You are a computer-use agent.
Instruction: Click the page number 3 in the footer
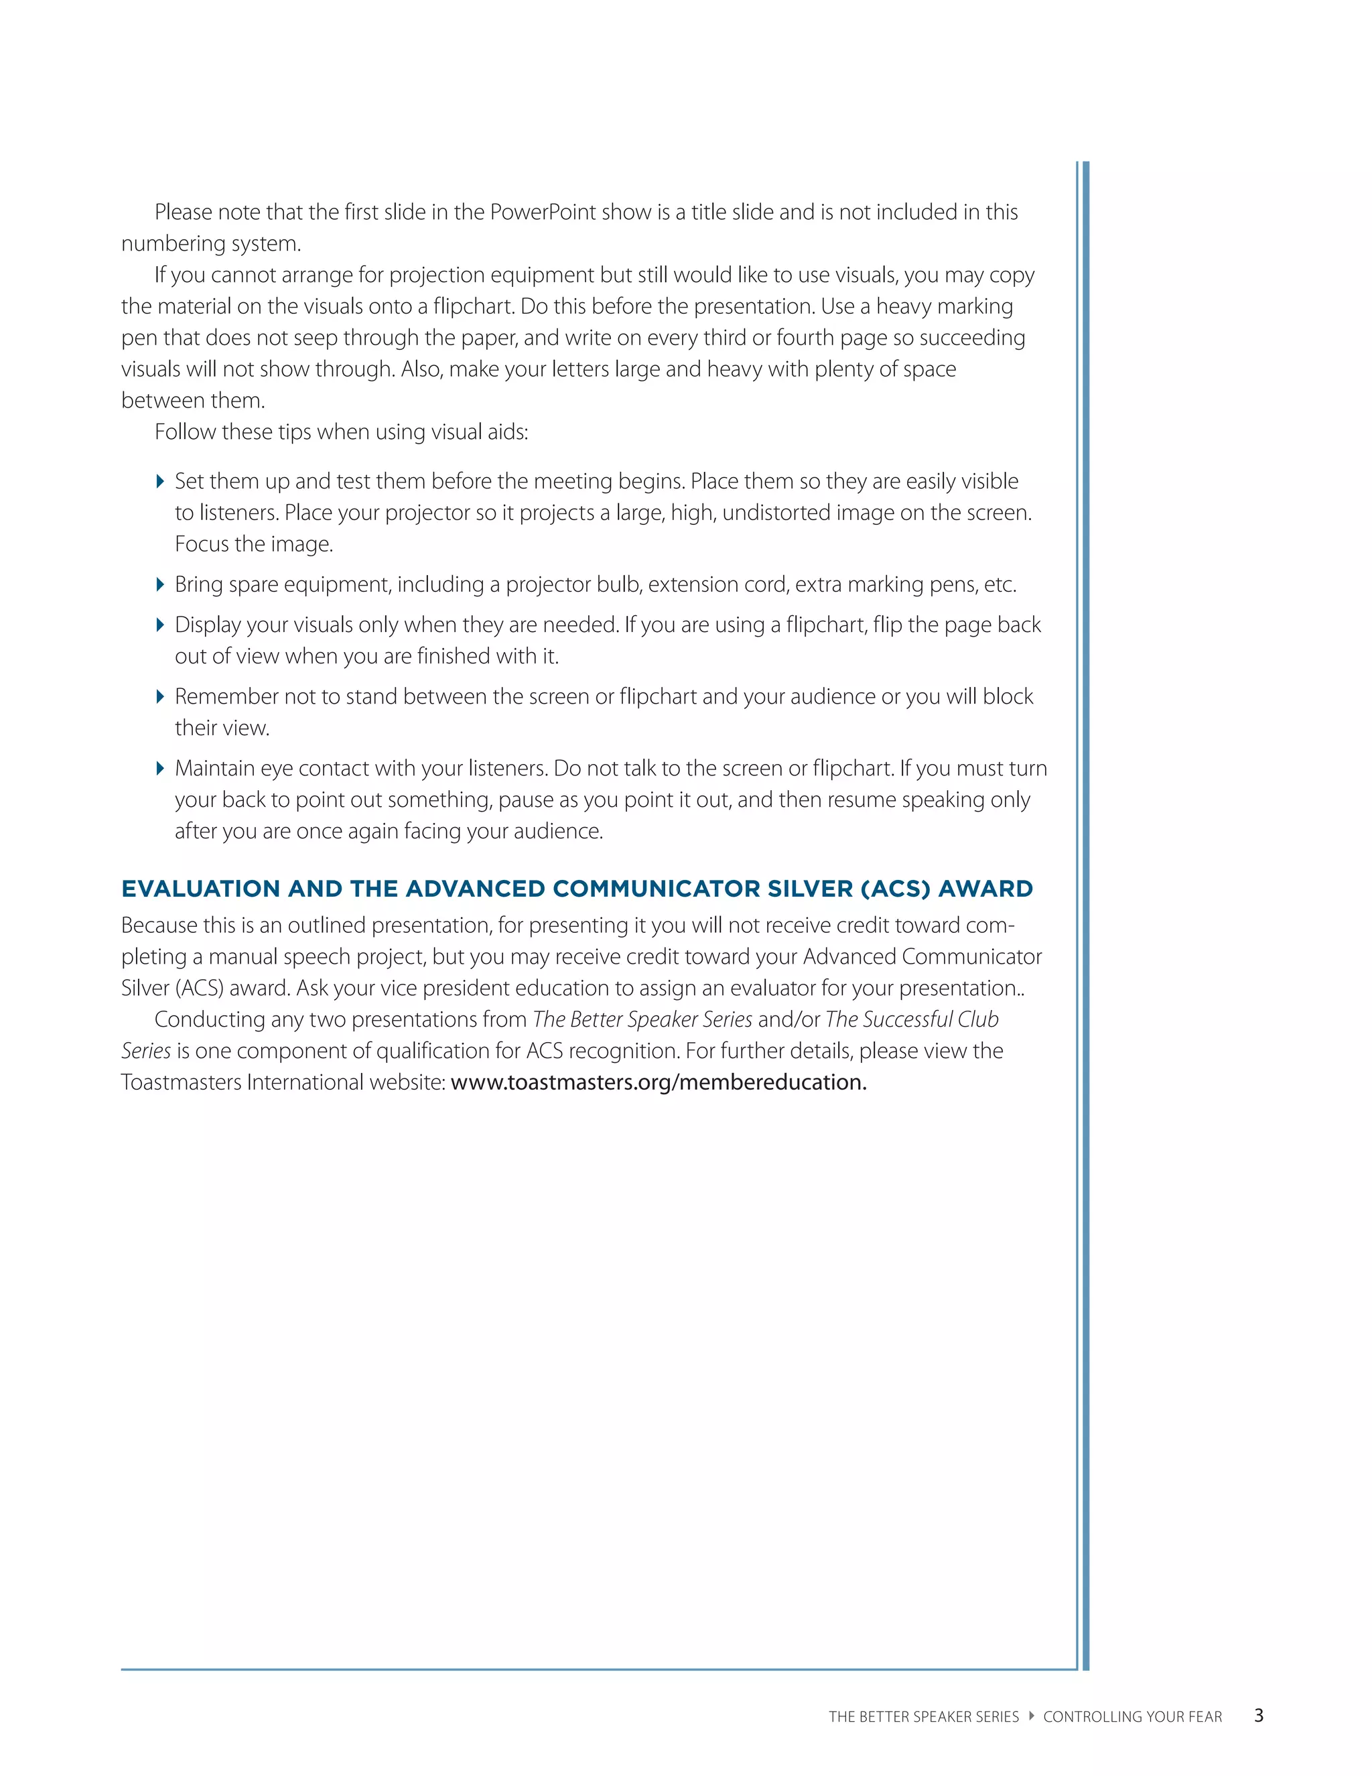click(1258, 1715)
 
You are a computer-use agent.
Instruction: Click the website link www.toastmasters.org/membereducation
click(659, 1082)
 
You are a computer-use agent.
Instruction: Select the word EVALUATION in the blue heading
click(200, 889)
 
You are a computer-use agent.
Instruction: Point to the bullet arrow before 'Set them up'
click(160, 481)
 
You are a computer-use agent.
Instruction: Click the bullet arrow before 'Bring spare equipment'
click(160, 584)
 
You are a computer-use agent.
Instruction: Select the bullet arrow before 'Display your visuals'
click(160, 625)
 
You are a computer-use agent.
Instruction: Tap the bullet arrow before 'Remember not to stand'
click(160, 697)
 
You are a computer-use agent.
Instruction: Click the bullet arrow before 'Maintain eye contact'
click(160, 769)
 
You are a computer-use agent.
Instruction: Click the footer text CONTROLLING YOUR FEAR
click(1132, 1716)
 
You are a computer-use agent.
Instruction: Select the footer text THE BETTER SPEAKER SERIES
click(923, 1716)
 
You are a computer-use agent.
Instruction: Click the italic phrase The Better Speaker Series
click(642, 1020)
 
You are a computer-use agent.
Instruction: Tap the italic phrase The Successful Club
click(911, 1020)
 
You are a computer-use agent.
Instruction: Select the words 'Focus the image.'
click(254, 544)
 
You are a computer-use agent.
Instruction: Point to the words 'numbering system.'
click(210, 244)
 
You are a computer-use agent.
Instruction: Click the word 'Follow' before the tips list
click(187, 432)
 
